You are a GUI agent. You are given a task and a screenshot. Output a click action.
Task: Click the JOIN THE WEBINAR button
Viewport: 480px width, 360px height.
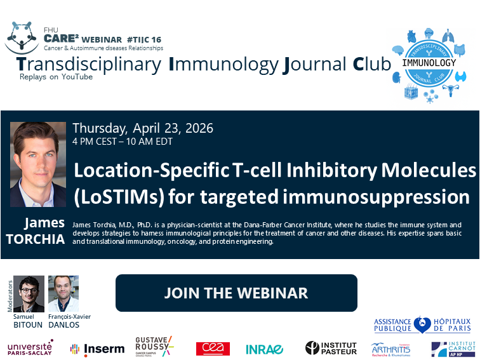coord(236,293)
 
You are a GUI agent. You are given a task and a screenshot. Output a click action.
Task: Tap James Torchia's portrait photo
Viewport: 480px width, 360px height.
coord(38,164)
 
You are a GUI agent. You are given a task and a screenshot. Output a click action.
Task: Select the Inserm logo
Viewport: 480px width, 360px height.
coord(94,349)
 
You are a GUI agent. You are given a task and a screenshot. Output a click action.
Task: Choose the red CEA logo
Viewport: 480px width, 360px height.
coord(213,349)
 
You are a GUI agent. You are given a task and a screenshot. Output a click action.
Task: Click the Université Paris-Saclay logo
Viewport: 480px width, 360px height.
coord(30,347)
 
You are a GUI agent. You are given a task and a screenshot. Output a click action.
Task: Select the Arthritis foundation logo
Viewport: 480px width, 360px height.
coord(390,349)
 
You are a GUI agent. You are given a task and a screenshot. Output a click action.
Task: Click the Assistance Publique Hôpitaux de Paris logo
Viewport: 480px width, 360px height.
coord(422,325)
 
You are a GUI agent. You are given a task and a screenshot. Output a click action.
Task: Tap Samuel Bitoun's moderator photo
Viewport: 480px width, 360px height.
coord(29,293)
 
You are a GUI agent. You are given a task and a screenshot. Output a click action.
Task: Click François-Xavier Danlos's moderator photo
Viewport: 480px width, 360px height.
coord(63,293)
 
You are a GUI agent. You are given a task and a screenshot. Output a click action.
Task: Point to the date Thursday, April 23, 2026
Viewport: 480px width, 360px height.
coord(143,128)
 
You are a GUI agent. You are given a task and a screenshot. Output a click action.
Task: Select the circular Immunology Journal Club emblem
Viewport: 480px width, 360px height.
coord(429,63)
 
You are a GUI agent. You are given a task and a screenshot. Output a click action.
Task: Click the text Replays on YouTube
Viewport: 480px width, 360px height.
coord(56,77)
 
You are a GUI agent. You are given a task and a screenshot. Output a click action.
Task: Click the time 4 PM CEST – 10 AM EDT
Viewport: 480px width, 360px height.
coord(123,142)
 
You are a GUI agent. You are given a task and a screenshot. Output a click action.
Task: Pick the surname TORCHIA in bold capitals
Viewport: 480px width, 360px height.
coord(36,239)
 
